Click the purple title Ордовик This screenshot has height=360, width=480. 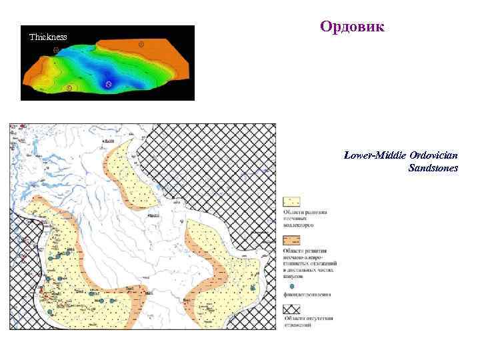[352, 27]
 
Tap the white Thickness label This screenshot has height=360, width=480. [48, 37]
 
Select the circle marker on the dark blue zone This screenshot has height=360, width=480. [109, 84]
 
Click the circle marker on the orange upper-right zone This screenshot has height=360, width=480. [141, 44]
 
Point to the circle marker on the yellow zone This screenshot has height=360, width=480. [69, 87]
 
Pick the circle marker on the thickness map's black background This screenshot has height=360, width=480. [56, 49]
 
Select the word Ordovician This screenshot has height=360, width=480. [434, 155]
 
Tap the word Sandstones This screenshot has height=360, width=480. [433, 169]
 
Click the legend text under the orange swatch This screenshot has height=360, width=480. [311, 264]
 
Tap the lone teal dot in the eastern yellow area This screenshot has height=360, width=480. [253, 287]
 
